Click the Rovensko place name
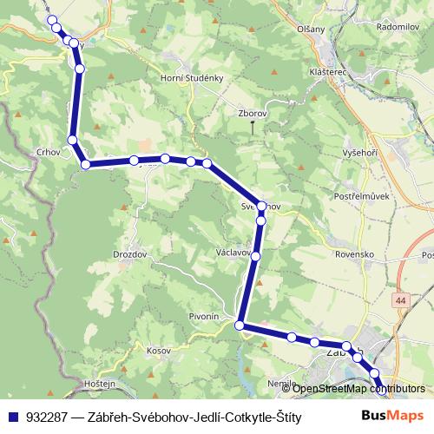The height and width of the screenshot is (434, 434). coord(354,255)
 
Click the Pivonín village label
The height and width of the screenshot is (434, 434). coord(204,318)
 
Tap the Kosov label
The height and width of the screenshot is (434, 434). coord(158,351)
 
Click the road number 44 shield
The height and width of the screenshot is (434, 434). coord(400,299)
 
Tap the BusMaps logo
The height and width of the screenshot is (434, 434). coord(392,415)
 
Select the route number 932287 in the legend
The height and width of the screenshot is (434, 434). coord(49,417)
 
